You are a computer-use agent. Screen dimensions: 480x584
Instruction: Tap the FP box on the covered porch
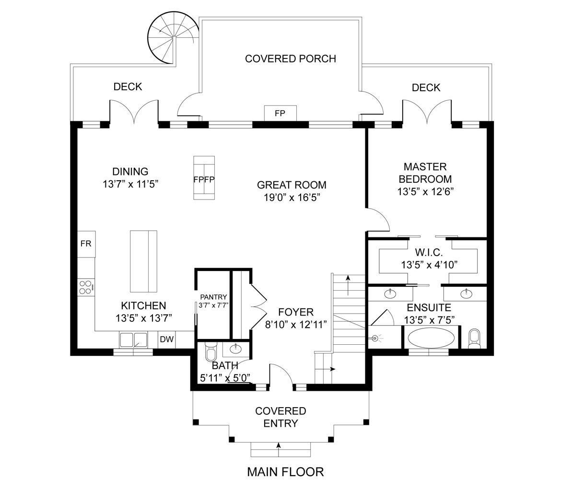click(280, 113)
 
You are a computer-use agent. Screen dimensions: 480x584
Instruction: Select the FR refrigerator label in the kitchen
click(86, 244)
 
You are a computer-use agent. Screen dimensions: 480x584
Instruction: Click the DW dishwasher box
click(167, 340)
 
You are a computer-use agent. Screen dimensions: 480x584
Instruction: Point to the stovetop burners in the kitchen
click(86, 287)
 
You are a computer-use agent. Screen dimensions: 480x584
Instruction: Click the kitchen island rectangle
click(143, 261)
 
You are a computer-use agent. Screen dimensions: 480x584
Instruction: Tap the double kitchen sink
click(134, 340)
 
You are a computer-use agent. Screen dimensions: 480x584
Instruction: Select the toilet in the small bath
click(210, 352)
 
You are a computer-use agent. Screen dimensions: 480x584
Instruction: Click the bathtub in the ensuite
click(431, 338)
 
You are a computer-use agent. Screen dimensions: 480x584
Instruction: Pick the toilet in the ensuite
click(473, 339)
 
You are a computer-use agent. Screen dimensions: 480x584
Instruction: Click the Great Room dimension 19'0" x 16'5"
click(292, 197)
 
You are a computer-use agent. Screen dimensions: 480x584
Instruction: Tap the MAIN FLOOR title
click(285, 472)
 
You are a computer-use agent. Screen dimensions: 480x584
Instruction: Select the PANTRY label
click(213, 297)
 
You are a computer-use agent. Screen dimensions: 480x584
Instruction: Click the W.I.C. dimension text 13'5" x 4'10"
click(429, 264)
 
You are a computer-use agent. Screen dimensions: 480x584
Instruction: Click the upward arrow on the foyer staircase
click(348, 280)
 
